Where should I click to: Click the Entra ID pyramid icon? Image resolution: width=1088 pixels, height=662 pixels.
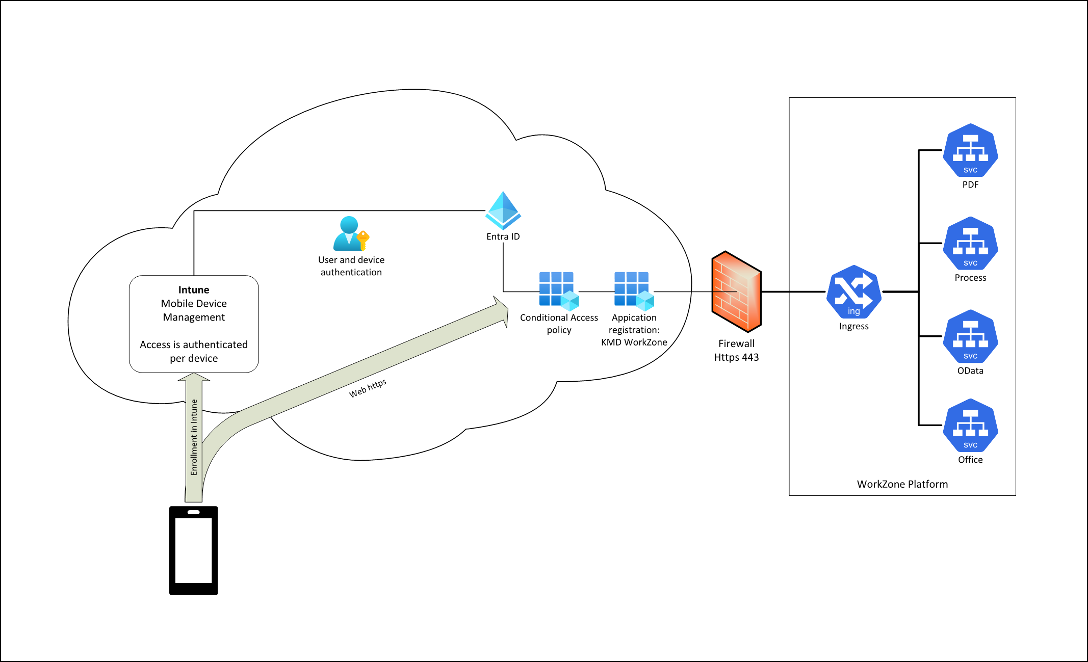503,210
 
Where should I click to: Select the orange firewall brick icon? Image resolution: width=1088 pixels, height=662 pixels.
736,292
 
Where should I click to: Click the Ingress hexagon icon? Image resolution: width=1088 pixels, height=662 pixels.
853,292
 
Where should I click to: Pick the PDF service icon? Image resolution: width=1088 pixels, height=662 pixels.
970,151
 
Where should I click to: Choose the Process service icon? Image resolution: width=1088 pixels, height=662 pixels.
970,244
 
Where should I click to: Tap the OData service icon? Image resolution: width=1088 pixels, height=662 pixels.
970,337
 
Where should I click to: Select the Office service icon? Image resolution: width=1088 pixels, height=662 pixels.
970,426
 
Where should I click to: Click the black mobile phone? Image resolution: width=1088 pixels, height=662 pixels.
194,550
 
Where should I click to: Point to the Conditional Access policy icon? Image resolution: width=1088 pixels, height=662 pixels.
559,291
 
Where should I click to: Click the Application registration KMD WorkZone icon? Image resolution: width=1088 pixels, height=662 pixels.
634,291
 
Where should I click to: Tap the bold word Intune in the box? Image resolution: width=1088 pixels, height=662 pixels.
194,290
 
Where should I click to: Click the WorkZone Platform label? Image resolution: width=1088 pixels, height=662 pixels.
902,484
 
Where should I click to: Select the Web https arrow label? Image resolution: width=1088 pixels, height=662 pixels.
368,388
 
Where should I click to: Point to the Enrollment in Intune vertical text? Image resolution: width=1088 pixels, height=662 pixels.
194,437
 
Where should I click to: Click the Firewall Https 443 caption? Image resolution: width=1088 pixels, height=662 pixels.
736,351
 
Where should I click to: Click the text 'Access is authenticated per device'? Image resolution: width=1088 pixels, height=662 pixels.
194,352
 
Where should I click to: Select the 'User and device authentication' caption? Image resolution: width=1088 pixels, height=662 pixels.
351,266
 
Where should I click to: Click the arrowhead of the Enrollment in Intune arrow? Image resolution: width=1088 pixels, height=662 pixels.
194,378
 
